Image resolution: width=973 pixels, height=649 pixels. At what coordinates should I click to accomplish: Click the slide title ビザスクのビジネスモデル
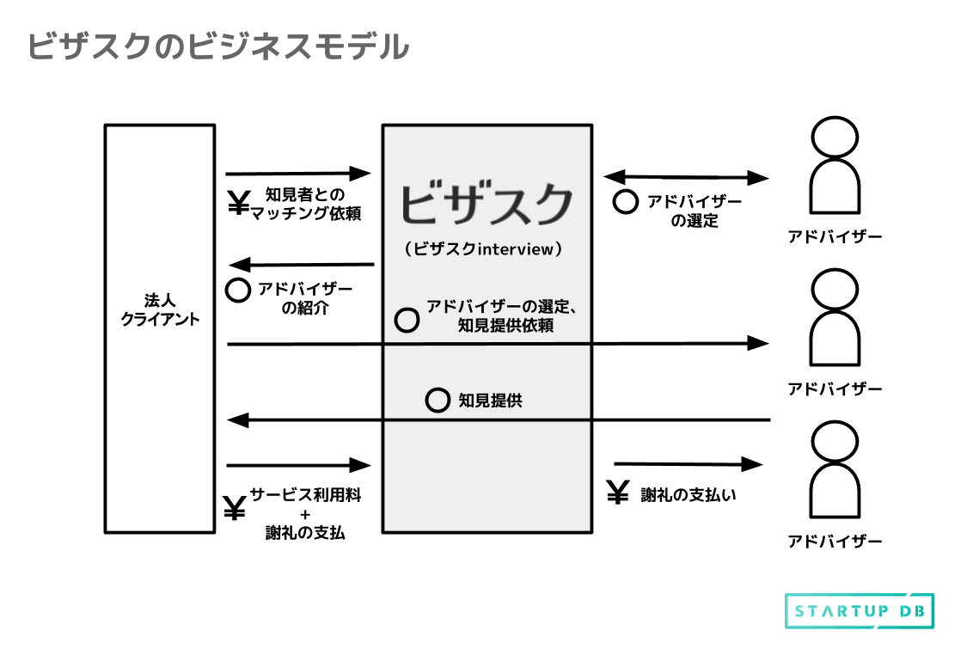[218, 46]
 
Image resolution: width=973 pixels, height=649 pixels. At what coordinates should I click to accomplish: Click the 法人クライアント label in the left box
[160, 310]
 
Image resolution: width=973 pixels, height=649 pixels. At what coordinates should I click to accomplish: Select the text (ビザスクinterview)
[486, 249]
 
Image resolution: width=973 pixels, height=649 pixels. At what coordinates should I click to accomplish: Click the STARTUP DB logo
[860, 611]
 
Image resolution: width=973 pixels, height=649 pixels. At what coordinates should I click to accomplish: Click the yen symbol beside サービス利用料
[234, 507]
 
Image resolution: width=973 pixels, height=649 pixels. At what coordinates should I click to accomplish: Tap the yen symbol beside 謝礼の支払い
[618, 493]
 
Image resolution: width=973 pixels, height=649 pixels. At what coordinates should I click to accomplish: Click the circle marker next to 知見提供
[438, 400]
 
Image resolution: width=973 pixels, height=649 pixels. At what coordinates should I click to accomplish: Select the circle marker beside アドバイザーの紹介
[237, 290]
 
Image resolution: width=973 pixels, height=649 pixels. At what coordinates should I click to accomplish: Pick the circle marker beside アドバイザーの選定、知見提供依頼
[407, 320]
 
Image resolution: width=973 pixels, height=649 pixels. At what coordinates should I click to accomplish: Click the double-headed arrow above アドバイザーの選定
[686, 178]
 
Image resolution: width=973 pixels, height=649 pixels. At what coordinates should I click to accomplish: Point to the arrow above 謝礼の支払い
[688, 464]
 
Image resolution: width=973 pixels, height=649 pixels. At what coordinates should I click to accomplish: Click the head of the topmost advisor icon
[835, 140]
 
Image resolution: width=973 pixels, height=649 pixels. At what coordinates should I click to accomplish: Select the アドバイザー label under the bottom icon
[835, 542]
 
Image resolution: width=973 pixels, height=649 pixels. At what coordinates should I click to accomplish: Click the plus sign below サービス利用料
[305, 514]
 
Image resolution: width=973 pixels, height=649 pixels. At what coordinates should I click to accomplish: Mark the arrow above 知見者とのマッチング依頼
[297, 174]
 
